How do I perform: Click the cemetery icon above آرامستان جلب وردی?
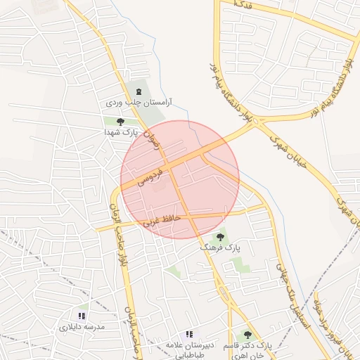pyautogui.click(x=138, y=92)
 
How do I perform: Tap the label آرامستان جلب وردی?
pyautogui.click(x=139, y=103)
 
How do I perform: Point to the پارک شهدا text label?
pyautogui.click(x=119, y=132)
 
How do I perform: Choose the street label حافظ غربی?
pyautogui.click(x=162, y=220)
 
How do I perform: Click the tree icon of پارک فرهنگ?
pyautogui.click(x=221, y=237)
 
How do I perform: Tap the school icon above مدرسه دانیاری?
pyautogui.click(x=82, y=316)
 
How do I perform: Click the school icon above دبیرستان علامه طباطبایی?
pyautogui.click(x=188, y=334)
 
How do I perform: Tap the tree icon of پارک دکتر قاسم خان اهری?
pyautogui.click(x=247, y=335)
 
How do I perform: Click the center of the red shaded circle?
pyautogui.click(x=180, y=179)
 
